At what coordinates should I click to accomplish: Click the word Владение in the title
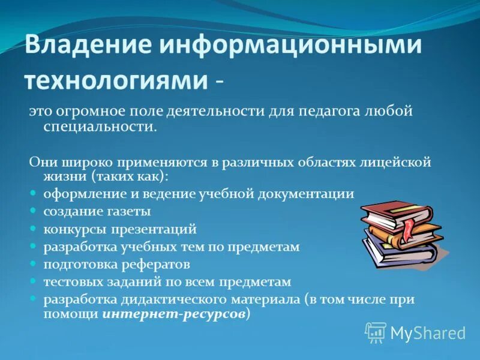pos(88,47)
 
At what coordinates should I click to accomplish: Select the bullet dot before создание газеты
pos(34,211)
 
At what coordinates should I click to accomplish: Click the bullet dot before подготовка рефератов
pos(34,264)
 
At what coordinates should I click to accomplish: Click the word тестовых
pos(69,281)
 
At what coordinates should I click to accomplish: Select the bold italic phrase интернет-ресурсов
pos(174,314)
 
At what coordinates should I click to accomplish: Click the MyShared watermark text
pos(428,332)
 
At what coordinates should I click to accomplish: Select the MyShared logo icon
pos(375,332)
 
